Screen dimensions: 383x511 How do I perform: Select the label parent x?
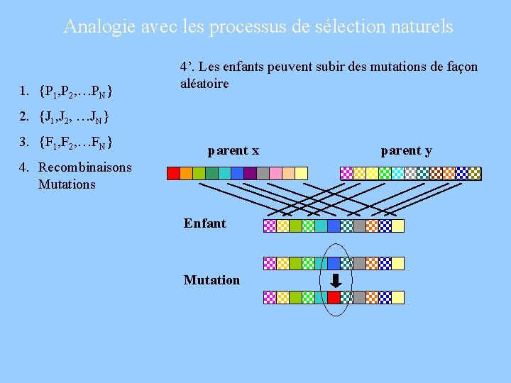point(233,150)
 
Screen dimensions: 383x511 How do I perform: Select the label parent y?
point(406,150)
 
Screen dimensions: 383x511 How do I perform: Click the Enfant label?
point(204,223)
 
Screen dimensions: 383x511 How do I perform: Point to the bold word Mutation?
point(211,280)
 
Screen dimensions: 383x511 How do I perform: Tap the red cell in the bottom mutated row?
point(334,298)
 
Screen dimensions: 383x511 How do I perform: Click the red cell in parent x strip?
point(173,172)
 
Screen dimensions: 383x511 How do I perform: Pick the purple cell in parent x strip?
point(250,172)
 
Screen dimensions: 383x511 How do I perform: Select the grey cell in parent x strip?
point(263,172)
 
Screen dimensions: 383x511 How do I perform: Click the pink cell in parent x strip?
point(275,172)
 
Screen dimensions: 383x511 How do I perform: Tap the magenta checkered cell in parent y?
point(347,172)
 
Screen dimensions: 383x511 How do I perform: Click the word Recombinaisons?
point(84,167)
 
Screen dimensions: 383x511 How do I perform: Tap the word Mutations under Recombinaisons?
point(66,184)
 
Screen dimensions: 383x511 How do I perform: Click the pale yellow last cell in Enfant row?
point(397,226)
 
